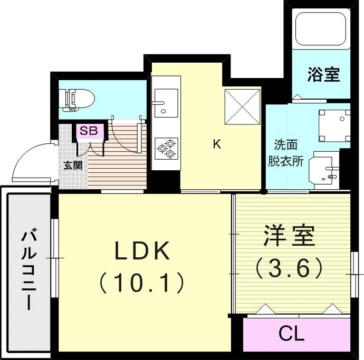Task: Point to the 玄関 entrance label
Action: [73, 164]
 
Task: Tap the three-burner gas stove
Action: [166, 148]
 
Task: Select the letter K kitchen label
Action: [216, 144]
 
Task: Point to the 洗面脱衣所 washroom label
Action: [288, 153]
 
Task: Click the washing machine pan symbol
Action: [334, 125]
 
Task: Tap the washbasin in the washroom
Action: [327, 170]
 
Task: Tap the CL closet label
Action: [292, 333]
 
